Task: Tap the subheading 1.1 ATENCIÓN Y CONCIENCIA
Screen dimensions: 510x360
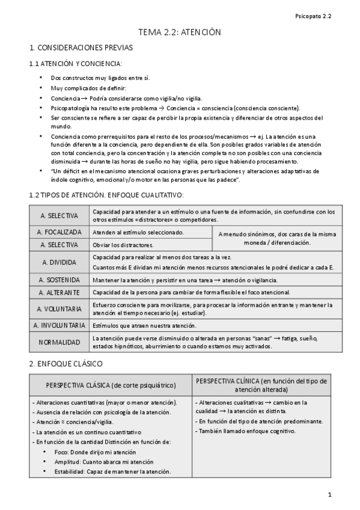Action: [x=75, y=63]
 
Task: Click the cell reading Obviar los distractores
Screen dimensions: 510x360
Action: [x=122, y=245]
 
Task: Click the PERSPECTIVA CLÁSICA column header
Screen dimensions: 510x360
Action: [x=111, y=385]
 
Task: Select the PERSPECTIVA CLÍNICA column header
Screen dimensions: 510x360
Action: [x=261, y=385]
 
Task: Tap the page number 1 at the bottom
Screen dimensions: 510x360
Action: [x=329, y=494]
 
